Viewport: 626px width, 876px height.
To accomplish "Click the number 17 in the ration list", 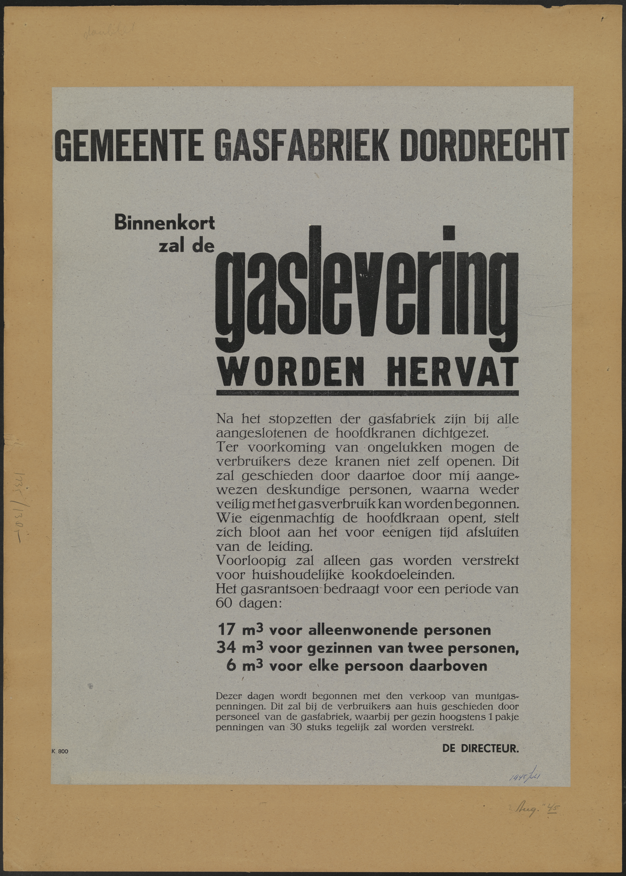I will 226,630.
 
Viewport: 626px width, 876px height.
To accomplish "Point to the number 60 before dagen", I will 224,603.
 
